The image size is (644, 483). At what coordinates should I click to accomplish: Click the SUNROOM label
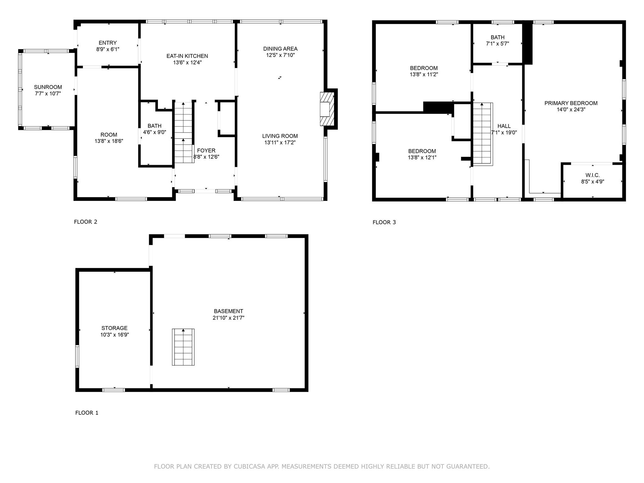click(x=48, y=87)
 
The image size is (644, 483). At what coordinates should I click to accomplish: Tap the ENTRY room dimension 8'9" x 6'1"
click(x=108, y=49)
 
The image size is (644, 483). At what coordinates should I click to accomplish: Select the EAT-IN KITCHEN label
click(x=187, y=56)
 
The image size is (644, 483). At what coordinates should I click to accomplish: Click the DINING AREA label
click(x=280, y=49)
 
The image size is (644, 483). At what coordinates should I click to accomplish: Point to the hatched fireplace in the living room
click(x=326, y=109)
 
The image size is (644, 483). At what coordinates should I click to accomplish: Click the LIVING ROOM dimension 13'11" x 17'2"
click(x=280, y=142)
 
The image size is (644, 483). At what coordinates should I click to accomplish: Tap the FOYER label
click(x=206, y=151)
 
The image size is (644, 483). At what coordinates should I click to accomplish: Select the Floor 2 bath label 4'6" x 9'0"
click(x=154, y=132)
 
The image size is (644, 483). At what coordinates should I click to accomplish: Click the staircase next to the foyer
click(x=184, y=132)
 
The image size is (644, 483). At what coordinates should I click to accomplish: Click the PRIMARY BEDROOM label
click(x=571, y=103)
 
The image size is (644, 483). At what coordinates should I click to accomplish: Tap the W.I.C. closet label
click(x=592, y=175)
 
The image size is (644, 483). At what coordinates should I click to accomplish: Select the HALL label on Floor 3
click(x=504, y=126)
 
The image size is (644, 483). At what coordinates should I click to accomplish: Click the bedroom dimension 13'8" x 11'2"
click(x=424, y=75)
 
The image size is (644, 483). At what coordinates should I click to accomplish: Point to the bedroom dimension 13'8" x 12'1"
click(x=422, y=158)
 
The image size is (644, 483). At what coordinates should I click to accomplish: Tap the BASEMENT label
click(x=228, y=311)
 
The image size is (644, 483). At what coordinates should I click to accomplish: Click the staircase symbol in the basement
click(x=183, y=347)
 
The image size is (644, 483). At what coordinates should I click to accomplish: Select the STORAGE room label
click(x=114, y=328)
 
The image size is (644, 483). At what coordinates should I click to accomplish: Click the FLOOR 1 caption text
click(x=87, y=413)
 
